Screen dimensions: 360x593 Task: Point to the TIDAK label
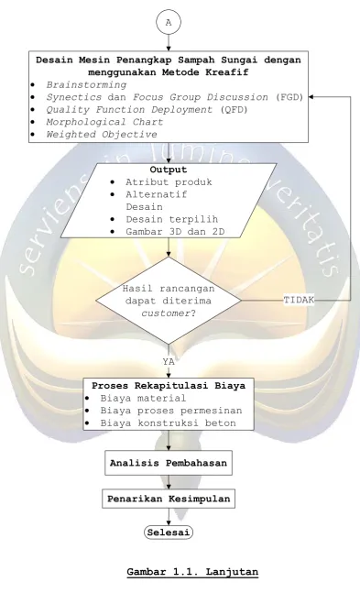coord(299,300)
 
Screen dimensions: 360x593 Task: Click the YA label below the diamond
coord(169,361)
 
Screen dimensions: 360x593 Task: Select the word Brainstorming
coord(86,84)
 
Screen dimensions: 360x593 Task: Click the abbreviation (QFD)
coord(234,110)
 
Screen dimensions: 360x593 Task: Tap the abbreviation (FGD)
coord(289,97)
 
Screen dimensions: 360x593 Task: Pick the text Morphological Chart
coord(104,122)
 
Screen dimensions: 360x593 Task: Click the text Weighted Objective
coord(102,134)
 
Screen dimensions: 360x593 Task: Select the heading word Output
coord(169,169)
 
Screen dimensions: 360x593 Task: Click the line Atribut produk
coord(169,181)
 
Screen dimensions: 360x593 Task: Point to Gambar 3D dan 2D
coord(175,232)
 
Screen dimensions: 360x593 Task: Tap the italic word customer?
coord(169,313)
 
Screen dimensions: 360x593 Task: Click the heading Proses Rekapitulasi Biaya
coord(169,385)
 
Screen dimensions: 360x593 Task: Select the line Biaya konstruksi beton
coord(168,423)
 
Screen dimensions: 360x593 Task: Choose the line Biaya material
coord(143,398)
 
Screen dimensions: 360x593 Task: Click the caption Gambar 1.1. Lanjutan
coord(192,571)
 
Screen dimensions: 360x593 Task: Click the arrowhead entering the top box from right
coord(311,97)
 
